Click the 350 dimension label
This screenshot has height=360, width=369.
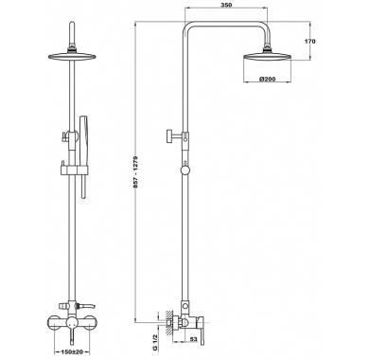point(225,5)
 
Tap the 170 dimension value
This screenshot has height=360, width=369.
point(310,41)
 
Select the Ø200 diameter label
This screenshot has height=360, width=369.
point(268,79)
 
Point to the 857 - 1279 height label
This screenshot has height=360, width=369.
point(136,171)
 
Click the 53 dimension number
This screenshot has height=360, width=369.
point(193,340)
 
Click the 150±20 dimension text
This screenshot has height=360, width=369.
point(72,351)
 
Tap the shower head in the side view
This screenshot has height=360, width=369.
point(267,56)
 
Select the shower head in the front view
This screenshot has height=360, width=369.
point(72,56)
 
